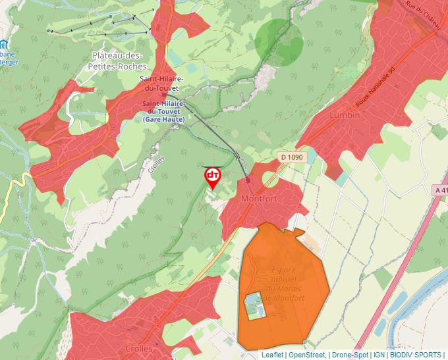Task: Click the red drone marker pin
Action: [213, 177]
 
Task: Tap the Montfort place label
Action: [259, 199]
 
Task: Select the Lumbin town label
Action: [346, 115]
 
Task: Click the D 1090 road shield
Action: [291, 157]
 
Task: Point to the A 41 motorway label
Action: [440, 190]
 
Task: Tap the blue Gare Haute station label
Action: [163, 111]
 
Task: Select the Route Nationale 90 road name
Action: [374, 88]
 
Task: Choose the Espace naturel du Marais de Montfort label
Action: [284, 284]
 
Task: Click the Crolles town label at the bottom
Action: [138, 349]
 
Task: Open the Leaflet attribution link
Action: [272, 355]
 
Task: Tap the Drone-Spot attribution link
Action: [350, 355]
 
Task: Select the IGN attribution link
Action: [379, 355]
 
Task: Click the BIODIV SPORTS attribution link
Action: [416, 355]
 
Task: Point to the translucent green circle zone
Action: [279, 43]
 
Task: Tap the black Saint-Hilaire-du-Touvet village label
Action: [161, 84]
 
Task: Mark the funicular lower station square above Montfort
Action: [248, 180]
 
